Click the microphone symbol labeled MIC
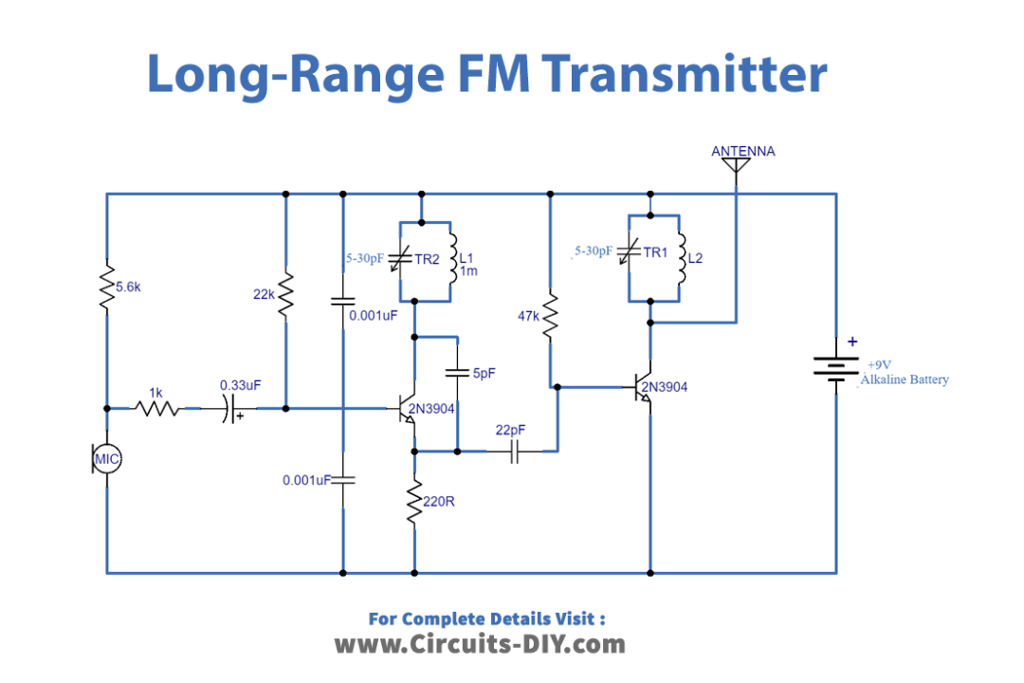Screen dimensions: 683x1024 107,459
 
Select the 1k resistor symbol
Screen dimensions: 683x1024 157,409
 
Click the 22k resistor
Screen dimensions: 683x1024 285,295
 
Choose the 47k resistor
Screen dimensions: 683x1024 550,315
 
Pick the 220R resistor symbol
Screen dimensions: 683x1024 414,502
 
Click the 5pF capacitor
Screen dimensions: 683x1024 458,373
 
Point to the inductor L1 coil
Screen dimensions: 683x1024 452,257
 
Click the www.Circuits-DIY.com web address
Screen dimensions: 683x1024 480,645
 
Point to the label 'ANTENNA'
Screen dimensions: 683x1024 742,151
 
